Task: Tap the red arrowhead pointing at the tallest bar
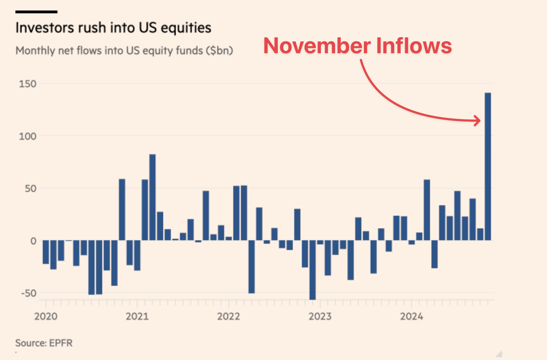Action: pyautogui.click(x=478, y=120)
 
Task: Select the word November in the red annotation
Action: pyautogui.click(x=317, y=46)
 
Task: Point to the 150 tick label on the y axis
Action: pyautogui.click(x=28, y=84)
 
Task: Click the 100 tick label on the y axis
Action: pyautogui.click(x=28, y=136)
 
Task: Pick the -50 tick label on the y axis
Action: pyautogui.click(x=29, y=293)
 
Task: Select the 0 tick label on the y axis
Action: pyautogui.click(x=33, y=241)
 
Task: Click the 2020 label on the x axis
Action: pyautogui.click(x=46, y=316)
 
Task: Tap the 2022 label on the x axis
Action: pyautogui.click(x=228, y=316)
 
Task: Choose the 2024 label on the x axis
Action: pyautogui.click(x=411, y=316)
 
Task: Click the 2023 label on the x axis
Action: pyautogui.click(x=320, y=316)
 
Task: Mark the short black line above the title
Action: pyautogui.click(x=36, y=12)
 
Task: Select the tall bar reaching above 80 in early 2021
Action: pyautogui.click(x=152, y=197)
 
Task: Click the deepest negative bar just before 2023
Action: pyautogui.click(x=312, y=270)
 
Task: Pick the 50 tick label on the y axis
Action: pyautogui.click(x=30, y=188)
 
